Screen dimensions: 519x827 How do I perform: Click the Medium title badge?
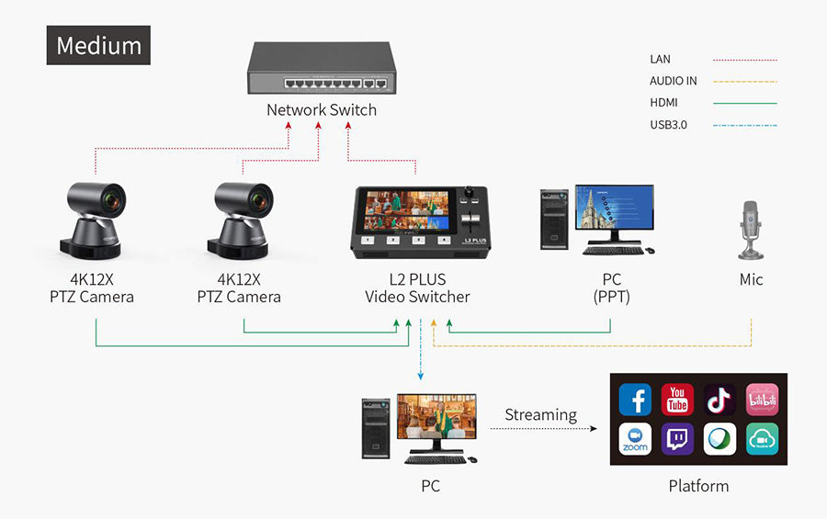98,45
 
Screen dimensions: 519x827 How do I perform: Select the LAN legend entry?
661,59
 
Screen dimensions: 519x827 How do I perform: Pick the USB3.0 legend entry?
668,124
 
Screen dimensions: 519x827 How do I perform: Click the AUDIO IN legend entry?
674,81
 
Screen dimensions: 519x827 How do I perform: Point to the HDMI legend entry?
663,103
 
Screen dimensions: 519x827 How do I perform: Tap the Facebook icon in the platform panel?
635,400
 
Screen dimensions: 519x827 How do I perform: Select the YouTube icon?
677,400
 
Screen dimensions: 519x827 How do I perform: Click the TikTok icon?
719,400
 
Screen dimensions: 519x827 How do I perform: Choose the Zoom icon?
635,439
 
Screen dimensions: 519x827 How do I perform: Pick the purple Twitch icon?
677,439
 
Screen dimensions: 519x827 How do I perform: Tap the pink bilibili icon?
762,400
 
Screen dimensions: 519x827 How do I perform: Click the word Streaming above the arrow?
540,414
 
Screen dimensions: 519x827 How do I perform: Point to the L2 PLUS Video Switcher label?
417,288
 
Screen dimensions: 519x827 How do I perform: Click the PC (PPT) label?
611,288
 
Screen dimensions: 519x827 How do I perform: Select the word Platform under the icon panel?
698,486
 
